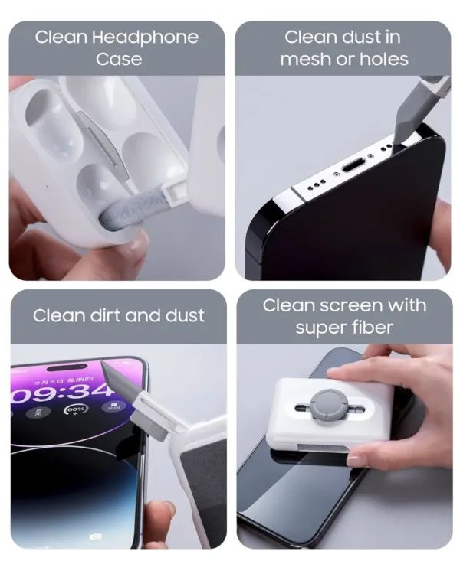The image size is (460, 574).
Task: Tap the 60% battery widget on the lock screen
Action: click(x=76, y=412)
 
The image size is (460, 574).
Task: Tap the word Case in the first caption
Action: click(x=119, y=59)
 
